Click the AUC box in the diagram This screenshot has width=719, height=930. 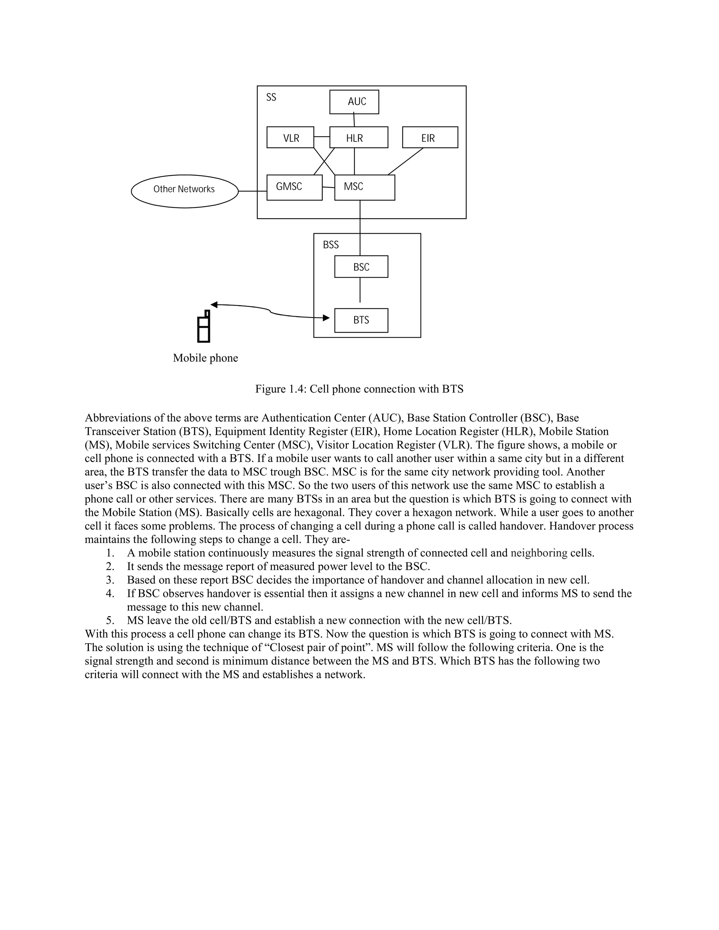pyautogui.click(x=354, y=102)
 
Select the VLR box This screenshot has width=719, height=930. pyautogui.click(x=290, y=138)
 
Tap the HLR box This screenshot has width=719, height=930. pyautogui.click(x=359, y=138)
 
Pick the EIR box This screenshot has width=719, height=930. pyautogui.click(x=430, y=138)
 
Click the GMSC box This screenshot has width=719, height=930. pyautogui.click(x=294, y=188)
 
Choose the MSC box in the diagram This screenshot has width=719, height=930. pyautogui.click(x=365, y=188)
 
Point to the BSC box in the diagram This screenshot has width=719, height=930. pyautogui.click(x=361, y=267)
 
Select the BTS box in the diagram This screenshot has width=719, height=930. pyautogui.click(x=361, y=320)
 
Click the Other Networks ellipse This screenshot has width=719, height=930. pyautogui.click(x=184, y=191)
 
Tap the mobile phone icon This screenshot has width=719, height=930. pyautogui.click(x=204, y=327)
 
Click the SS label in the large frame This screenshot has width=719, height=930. pyautogui.click(x=271, y=98)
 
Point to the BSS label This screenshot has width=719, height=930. pyautogui.click(x=330, y=245)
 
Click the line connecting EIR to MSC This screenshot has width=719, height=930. pyautogui.click(x=405, y=161)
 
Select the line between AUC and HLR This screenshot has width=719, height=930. pyautogui.click(x=354, y=120)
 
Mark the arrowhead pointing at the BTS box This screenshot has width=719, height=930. pyautogui.click(x=326, y=318)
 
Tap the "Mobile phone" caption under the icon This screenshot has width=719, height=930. pyautogui.click(x=205, y=358)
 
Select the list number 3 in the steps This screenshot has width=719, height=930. pyautogui.click(x=110, y=580)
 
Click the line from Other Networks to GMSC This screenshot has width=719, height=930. pyautogui.click(x=252, y=191)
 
